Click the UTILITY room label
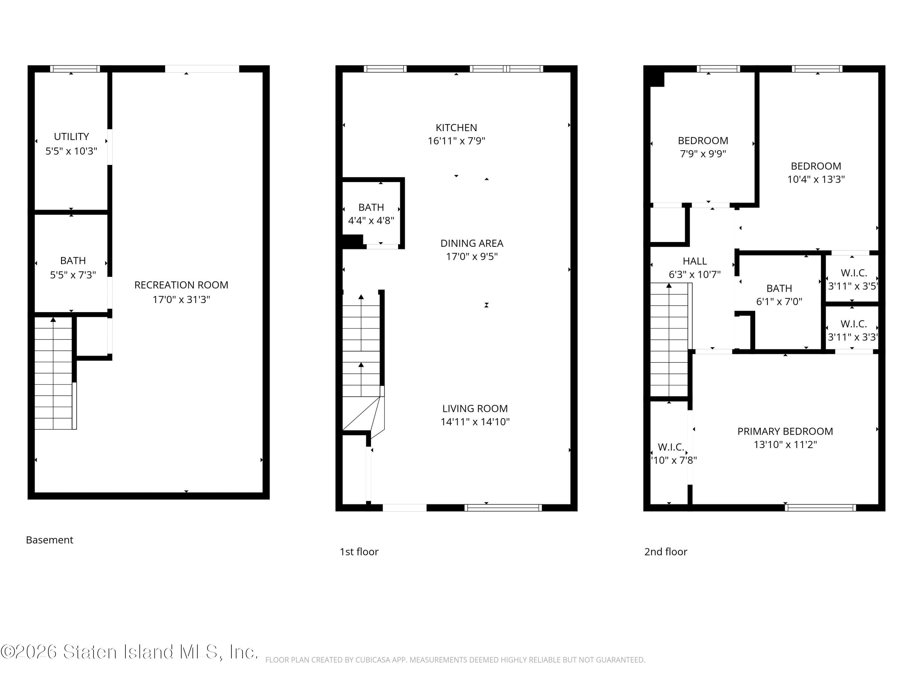tap(71, 136)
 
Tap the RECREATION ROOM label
tap(181, 285)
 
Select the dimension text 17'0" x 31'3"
tap(181, 299)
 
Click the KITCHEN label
tap(456, 127)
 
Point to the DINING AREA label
tap(472, 243)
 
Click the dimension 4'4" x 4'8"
tap(371, 220)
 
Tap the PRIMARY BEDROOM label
tap(785, 431)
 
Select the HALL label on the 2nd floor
tap(695, 261)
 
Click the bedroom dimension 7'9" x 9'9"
tap(703, 154)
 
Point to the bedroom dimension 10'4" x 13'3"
tap(816, 179)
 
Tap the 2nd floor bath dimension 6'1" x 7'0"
tap(779, 301)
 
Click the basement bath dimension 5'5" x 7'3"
tap(73, 275)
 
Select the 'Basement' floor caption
tap(49, 540)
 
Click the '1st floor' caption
tap(359, 552)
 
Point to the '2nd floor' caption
tap(666, 552)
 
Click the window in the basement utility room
tap(75, 69)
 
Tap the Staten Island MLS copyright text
tap(129, 652)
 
